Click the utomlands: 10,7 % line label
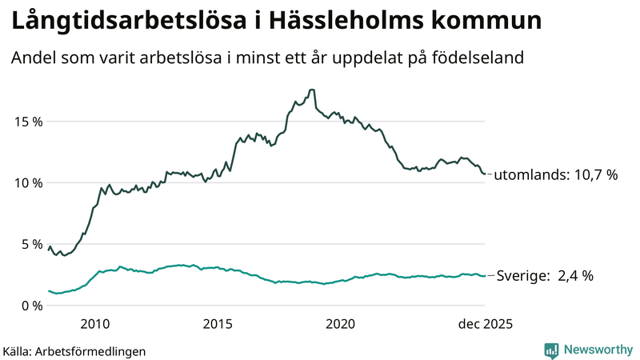pos(555,175)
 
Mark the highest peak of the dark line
pos(311,90)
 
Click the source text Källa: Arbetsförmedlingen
pos(74,350)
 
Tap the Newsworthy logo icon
pos(551,350)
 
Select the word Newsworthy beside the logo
pos(597,350)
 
